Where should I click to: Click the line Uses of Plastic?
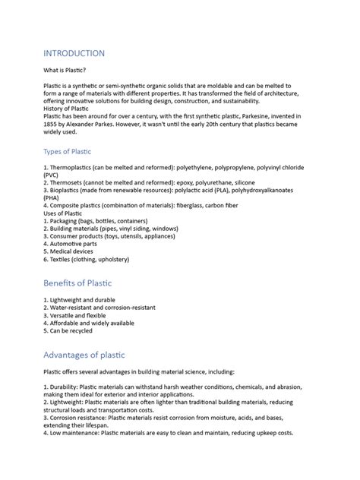point(67,213)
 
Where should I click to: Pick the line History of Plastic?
point(71,109)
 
